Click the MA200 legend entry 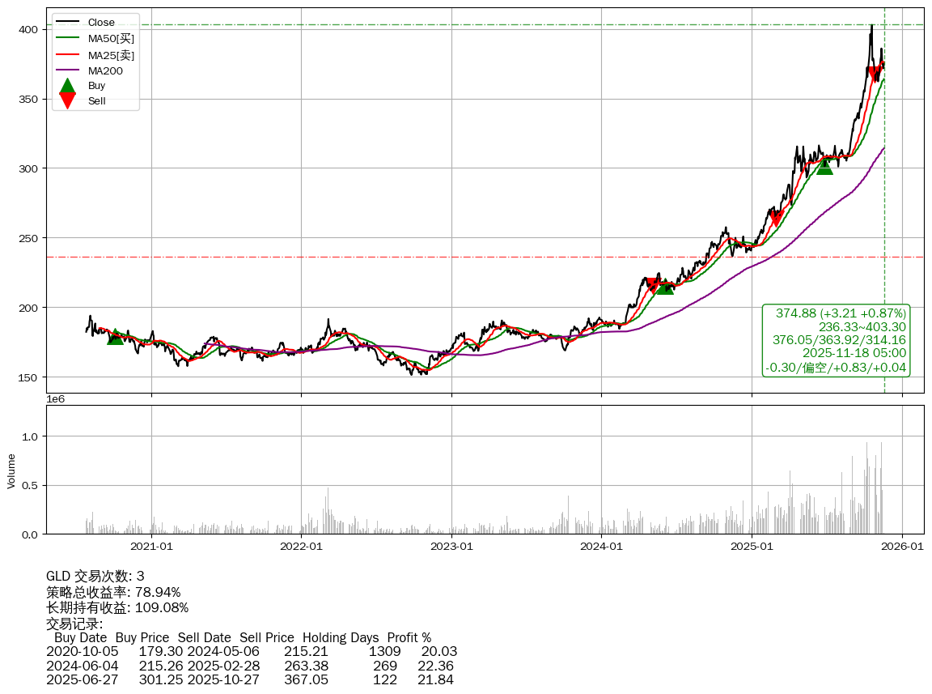104,71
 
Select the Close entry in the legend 101,22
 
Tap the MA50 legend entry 111,38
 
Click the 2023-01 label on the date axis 451,547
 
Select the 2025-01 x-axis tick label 752,547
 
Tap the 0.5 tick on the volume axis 29,486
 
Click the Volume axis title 11,470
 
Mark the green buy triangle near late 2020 116,336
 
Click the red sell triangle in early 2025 776,219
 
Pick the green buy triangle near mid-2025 824,166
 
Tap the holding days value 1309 384,651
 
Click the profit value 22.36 435,666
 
